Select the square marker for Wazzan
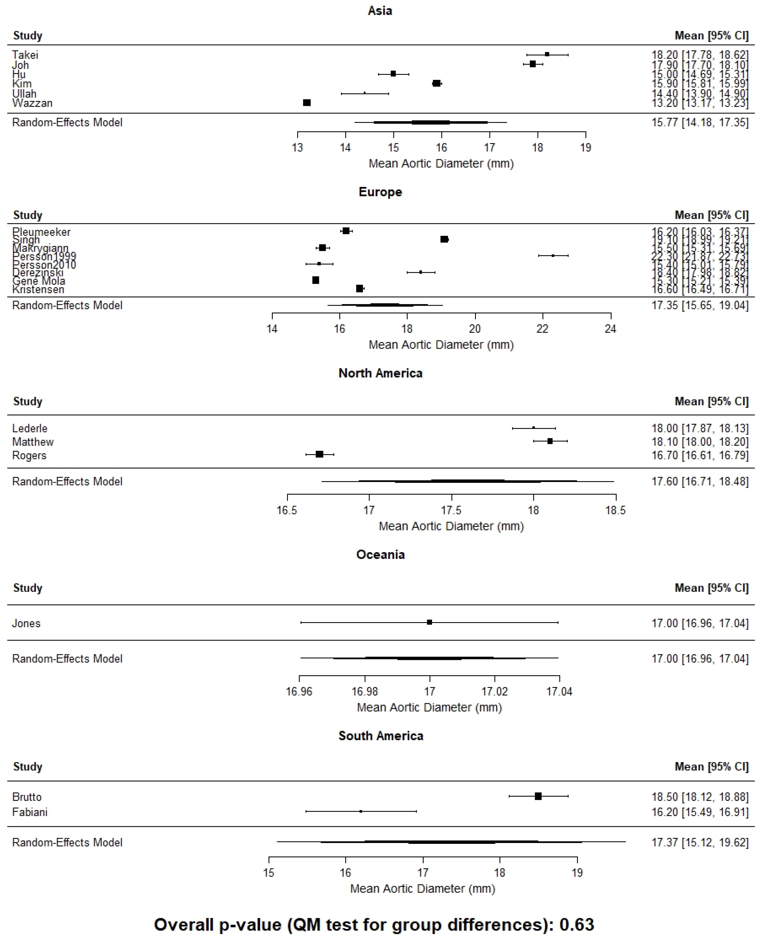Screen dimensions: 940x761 (x=307, y=102)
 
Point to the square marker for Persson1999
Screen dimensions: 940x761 (x=553, y=256)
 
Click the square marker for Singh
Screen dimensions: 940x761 (x=444, y=239)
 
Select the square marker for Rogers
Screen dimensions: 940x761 (x=320, y=454)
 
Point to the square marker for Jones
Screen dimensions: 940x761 (x=430, y=622)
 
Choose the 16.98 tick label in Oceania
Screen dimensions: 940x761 (x=364, y=691)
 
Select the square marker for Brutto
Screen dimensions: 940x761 (x=538, y=796)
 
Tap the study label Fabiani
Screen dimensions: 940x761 (x=30, y=812)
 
